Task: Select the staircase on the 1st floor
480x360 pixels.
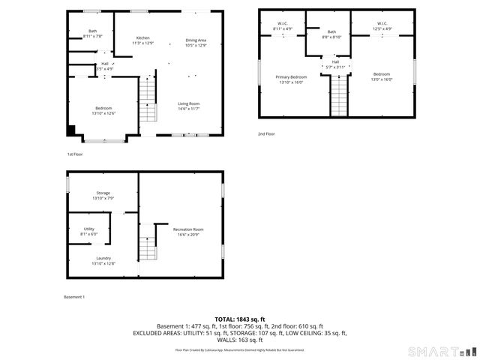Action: point(148,101)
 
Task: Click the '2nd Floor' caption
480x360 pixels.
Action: point(266,133)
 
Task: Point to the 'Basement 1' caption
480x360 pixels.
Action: point(74,297)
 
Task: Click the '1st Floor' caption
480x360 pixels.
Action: point(75,154)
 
